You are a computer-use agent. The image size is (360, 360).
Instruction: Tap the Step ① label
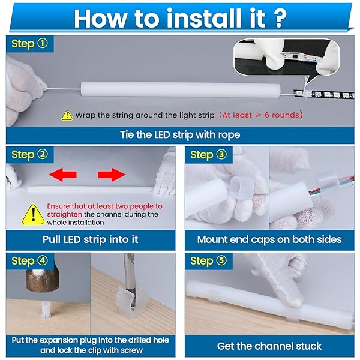(x=29, y=43)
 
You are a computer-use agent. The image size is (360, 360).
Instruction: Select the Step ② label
(x=29, y=154)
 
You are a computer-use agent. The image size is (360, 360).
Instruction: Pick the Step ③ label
(x=208, y=154)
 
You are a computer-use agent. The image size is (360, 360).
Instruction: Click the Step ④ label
(x=29, y=260)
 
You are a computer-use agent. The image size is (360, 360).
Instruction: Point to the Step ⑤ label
(x=208, y=260)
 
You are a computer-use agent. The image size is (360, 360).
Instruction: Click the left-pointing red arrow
(x=62, y=175)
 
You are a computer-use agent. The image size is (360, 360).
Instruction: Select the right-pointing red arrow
(x=112, y=175)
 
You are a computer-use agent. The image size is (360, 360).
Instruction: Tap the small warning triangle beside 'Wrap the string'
(x=67, y=115)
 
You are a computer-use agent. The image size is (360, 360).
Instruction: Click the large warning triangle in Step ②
(x=34, y=215)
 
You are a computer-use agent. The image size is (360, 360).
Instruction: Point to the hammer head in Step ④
(x=42, y=280)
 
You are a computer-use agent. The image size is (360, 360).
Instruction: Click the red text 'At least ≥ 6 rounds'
(x=260, y=115)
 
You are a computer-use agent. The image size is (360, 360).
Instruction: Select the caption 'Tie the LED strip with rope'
(x=180, y=134)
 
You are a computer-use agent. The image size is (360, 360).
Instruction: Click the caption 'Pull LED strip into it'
(x=90, y=239)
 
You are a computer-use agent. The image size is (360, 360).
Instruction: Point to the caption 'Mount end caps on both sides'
(x=269, y=239)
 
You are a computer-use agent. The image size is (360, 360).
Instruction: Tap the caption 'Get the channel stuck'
(x=269, y=346)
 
